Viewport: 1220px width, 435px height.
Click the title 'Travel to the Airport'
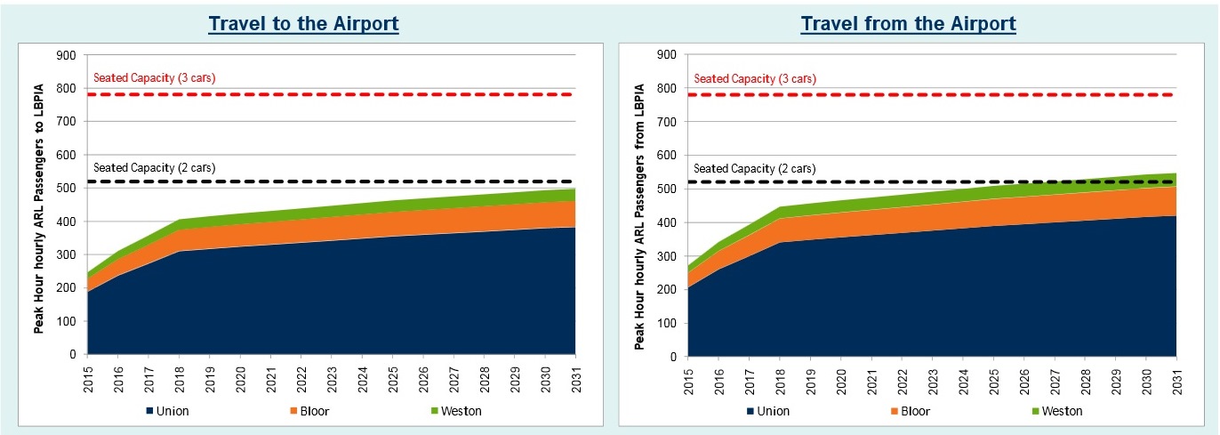(x=303, y=24)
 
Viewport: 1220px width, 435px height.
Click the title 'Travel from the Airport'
(x=908, y=24)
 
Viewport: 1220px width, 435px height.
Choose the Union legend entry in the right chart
(x=771, y=411)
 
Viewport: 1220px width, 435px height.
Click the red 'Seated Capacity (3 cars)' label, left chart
(x=154, y=78)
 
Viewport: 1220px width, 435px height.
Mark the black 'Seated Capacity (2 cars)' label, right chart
(x=754, y=168)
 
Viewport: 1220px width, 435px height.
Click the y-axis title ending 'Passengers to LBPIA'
(x=39, y=205)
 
